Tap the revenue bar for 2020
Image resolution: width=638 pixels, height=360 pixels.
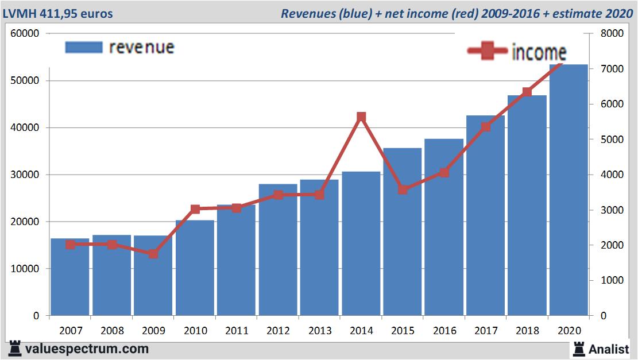(569, 189)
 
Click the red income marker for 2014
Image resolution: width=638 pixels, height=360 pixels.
(361, 117)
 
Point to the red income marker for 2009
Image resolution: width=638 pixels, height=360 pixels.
(153, 253)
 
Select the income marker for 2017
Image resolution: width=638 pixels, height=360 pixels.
(486, 127)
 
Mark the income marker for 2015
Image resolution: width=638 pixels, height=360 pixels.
(403, 189)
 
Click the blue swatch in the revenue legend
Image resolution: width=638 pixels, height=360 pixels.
(84, 47)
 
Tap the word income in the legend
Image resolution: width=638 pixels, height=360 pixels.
(539, 53)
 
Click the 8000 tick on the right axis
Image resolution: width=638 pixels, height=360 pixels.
(611, 33)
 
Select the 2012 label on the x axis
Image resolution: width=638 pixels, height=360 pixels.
(278, 331)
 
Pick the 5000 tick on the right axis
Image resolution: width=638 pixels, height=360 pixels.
(611, 140)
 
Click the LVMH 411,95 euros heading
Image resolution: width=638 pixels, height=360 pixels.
(58, 13)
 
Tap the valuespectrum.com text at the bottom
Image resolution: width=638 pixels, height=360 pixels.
(87, 349)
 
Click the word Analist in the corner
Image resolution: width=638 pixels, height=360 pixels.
(609, 349)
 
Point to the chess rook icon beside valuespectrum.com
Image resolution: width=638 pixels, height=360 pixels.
(15, 348)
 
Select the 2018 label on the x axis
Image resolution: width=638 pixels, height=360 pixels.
(527, 331)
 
